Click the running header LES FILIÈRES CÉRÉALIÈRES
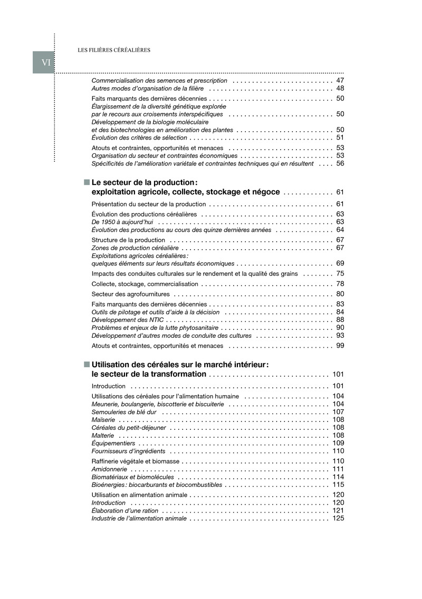[114, 50]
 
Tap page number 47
[340, 81]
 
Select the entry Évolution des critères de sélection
[139, 138]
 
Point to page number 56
[340, 163]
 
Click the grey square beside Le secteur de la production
[87, 182]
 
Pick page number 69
[340, 263]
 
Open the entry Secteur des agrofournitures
[131, 294]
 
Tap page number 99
[340, 346]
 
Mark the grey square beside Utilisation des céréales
[87, 364]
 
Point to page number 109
[338, 443]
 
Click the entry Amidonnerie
[109, 469]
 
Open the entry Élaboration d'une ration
[125, 510]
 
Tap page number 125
[338, 518]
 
